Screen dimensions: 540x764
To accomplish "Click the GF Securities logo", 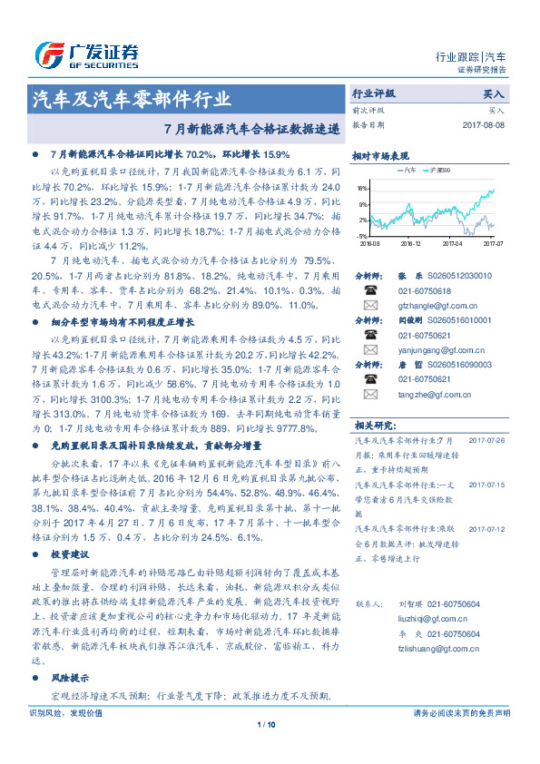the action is click(x=86, y=55).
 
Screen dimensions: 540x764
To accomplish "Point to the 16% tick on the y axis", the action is click(x=362, y=189).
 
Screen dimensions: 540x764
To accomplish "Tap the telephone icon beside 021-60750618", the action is click(x=370, y=290).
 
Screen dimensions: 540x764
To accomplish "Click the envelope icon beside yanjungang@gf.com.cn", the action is click(x=370, y=349).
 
